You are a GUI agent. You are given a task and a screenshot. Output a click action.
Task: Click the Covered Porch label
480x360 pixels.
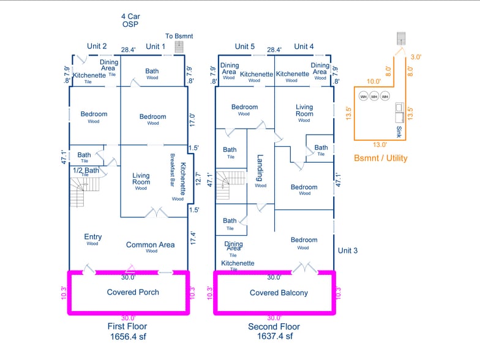[133, 292]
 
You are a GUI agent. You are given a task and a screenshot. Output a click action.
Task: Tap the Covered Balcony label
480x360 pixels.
[279, 293]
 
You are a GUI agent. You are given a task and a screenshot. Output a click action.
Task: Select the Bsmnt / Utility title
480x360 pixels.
[380, 158]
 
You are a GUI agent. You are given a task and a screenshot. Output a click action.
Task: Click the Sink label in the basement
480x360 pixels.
[399, 132]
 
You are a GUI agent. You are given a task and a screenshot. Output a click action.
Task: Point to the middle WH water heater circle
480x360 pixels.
[374, 97]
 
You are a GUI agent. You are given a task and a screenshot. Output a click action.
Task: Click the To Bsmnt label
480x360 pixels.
[179, 36]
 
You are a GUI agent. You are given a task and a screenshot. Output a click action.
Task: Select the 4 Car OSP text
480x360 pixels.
[130, 20]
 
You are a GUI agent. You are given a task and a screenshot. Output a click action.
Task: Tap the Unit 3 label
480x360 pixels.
[348, 250]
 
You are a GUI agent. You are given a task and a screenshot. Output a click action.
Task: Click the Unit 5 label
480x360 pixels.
[244, 47]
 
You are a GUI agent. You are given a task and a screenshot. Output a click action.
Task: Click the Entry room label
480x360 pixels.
[93, 237]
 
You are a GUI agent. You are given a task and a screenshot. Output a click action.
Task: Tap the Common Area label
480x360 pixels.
[151, 245]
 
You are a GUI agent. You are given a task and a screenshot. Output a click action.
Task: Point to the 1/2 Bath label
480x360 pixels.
[86, 170]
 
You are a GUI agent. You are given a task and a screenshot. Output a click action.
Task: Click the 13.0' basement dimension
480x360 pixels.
[380, 145]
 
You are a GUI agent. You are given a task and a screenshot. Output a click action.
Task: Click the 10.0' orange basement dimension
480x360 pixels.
[373, 81]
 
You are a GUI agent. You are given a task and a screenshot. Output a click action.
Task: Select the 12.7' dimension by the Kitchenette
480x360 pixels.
[197, 181]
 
